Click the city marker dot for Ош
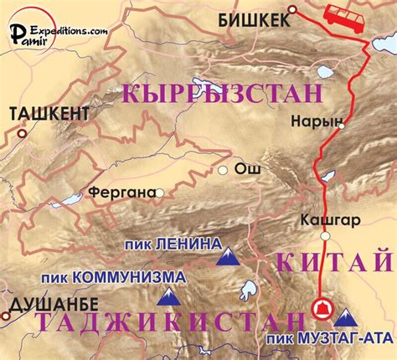click(223, 170)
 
